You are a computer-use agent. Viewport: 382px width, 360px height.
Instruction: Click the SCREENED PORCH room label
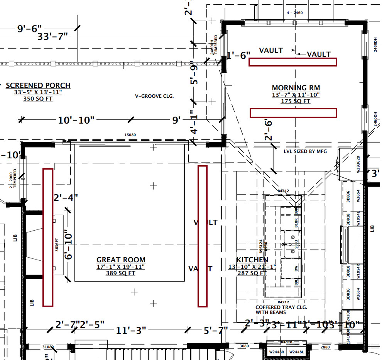click(38, 85)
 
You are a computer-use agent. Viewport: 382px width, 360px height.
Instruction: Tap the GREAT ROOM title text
click(121, 260)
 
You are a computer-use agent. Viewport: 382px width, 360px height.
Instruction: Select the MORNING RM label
click(296, 88)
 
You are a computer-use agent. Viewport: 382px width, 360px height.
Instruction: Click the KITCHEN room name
click(252, 260)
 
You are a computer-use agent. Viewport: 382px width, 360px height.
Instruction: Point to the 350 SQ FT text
click(38, 99)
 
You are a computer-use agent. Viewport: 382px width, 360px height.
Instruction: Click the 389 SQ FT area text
click(121, 273)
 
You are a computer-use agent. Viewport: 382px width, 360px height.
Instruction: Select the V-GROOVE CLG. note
click(154, 96)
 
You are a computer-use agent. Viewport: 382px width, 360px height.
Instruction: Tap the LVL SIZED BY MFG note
click(305, 151)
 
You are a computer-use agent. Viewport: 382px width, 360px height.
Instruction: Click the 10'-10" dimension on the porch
click(76, 120)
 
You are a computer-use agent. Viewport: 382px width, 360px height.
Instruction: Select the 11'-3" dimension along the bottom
click(131, 331)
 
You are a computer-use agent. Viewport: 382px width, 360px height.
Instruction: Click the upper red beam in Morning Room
click(292, 62)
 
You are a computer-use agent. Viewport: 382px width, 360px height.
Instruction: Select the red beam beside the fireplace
click(48, 238)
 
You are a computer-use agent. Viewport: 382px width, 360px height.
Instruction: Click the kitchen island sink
click(292, 245)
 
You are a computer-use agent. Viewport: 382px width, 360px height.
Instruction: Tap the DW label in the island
click(296, 269)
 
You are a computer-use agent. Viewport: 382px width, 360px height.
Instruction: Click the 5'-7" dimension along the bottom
click(216, 331)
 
